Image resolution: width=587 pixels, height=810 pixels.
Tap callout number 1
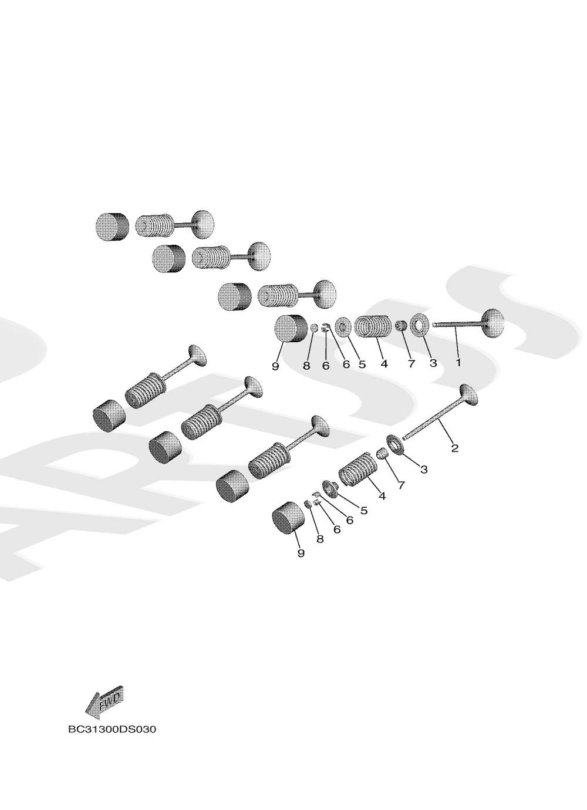(458, 362)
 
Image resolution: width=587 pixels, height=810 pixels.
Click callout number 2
(455, 448)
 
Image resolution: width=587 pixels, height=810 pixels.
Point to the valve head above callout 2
(469, 394)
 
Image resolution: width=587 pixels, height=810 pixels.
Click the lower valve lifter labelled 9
(288, 518)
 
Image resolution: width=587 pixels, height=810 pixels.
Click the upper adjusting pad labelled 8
(314, 328)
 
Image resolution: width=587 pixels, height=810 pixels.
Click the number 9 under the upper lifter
(276, 366)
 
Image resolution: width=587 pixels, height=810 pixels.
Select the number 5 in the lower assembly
(363, 511)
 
